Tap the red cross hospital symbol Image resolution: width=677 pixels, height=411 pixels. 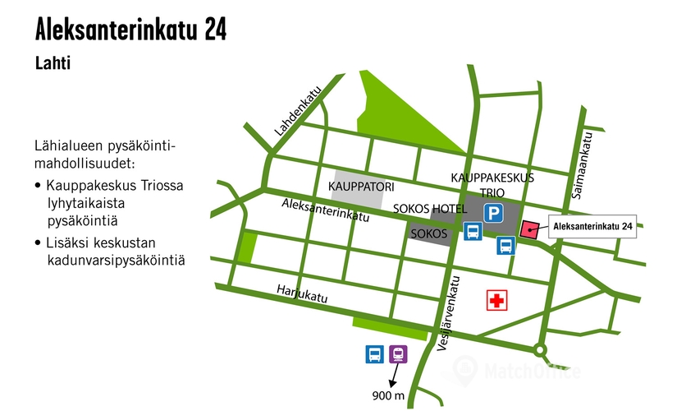click(496, 300)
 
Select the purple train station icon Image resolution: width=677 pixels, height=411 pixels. click(398, 354)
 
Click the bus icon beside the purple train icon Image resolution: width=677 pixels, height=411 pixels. click(374, 354)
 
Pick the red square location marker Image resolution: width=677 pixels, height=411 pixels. click(529, 229)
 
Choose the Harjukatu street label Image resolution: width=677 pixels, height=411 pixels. click(302, 293)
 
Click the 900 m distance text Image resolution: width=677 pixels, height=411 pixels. click(389, 396)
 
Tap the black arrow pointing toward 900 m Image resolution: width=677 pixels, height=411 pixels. click(394, 375)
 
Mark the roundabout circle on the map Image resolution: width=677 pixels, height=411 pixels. click(538, 349)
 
